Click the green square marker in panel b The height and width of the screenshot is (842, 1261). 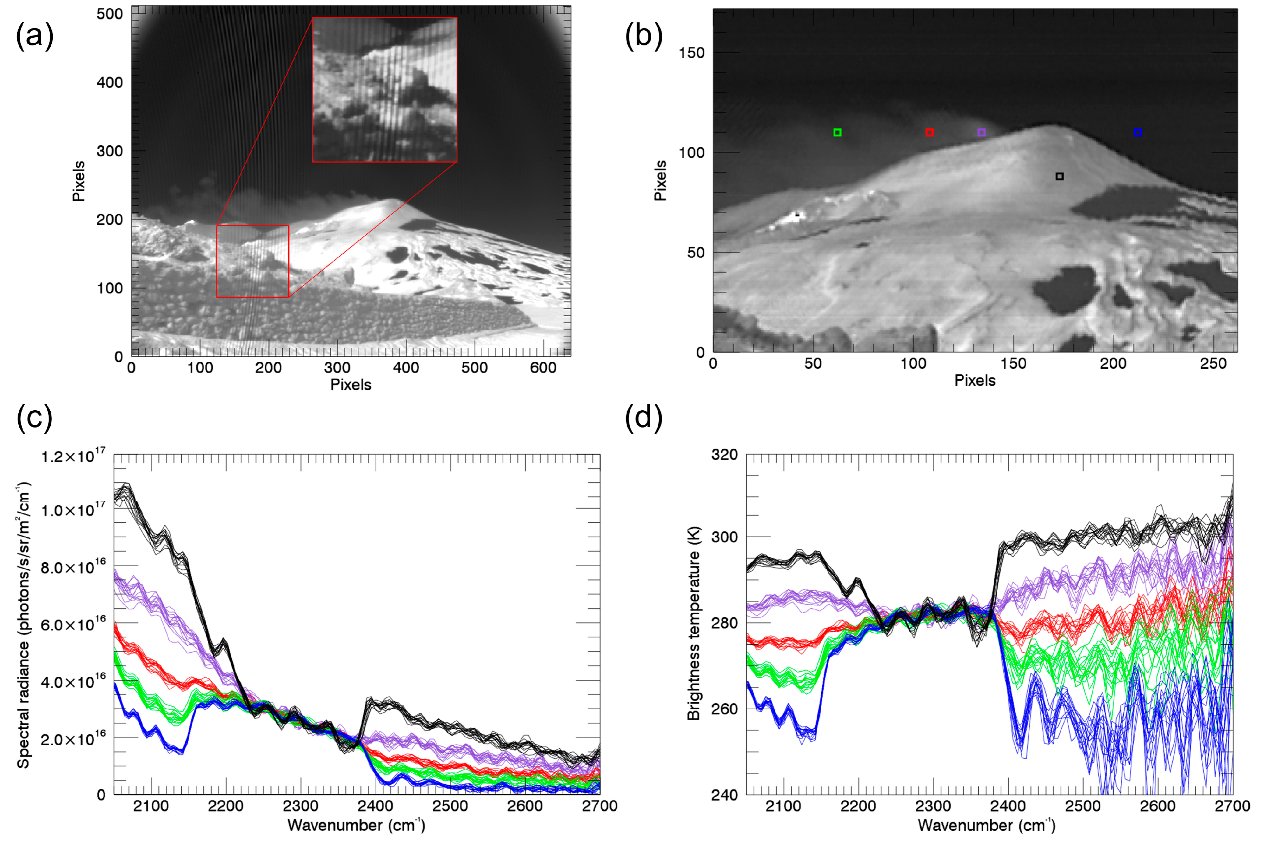coord(837,133)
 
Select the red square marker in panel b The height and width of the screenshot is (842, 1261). coord(929,133)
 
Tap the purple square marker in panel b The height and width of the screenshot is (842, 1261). coord(981,133)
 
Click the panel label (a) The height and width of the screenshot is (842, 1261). coord(34,37)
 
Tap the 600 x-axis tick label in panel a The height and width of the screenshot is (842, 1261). coord(543,368)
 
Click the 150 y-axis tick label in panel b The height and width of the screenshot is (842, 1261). coord(691,53)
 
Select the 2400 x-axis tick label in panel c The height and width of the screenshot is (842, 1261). coord(375,806)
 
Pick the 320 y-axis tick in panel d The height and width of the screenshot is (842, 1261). coord(724,455)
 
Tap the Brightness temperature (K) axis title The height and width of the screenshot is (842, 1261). coord(694,623)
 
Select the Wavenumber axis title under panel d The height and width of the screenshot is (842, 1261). coord(986,825)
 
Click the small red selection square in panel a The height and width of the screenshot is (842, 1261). coord(252,261)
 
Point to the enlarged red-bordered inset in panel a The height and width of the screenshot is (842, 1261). coord(384,90)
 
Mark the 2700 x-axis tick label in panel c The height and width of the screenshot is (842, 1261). coord(600,806)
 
